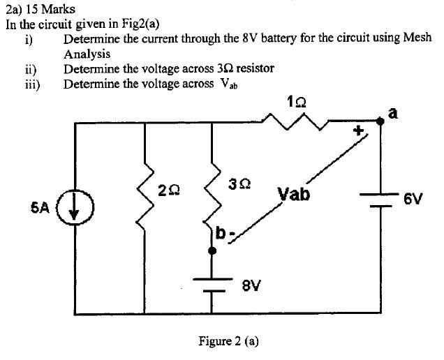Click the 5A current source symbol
pyautogui.click(x=74, y=209)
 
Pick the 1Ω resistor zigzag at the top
pyautogui.click(x=295, y=123)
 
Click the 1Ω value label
pyautogui.click(x=295, y=102)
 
